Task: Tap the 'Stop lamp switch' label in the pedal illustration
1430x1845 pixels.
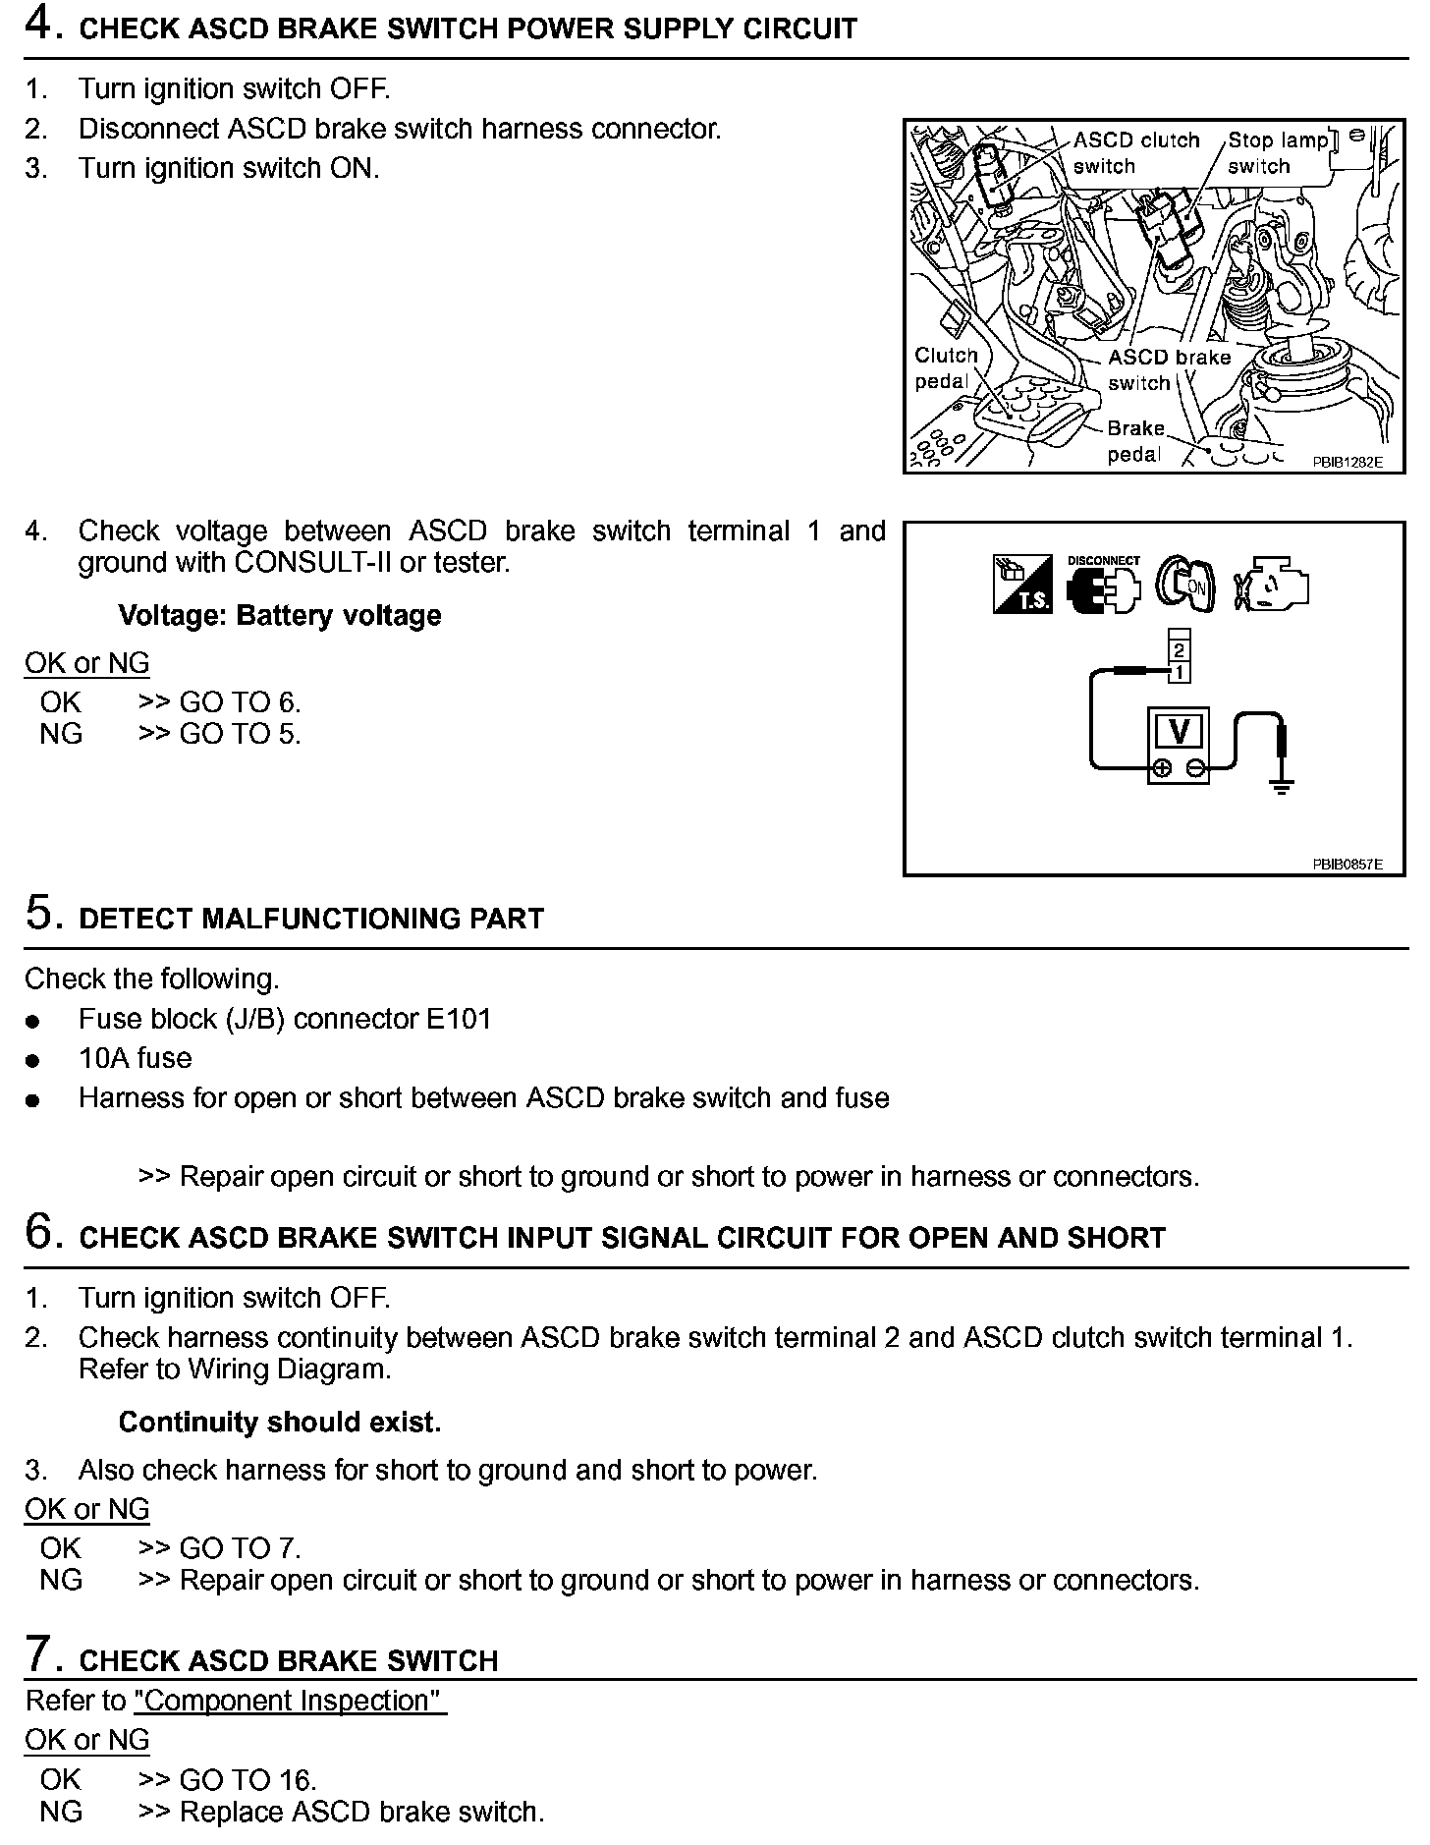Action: click(x=1277, y=153)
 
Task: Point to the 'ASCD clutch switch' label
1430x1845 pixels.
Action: click(x=1136, y=153)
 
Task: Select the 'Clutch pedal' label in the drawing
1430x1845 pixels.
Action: click(x=946, y=367)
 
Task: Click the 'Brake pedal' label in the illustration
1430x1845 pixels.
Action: click(x=1135, y=441)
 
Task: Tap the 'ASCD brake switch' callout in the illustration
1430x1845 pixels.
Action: click(x=1169, y=369)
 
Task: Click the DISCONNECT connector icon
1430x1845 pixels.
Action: click(x=1104, y=587)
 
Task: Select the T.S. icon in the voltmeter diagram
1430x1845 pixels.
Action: click(x=1021, y=587)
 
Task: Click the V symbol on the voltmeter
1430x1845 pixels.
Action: click(x=1179, y=731)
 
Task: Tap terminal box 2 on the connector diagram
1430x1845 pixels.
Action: click(x=1179, y=650)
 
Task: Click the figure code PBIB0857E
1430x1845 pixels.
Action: click(x=1347, y=865)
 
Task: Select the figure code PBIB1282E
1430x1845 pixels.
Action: click(x=1347, y=462)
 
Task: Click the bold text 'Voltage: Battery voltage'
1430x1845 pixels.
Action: click(x=280, y=616)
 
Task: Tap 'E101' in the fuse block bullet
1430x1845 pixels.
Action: click(x=458, y=1019)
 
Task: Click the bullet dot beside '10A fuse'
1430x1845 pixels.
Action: click(x=34, y=1061)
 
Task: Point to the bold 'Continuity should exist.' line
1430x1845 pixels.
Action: click(x=280, y=1422)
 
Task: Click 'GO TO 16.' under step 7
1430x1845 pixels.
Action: click(x=247, y=1779)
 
